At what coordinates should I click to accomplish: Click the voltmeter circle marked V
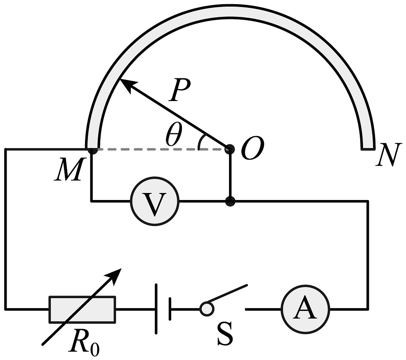[x=155, y=201]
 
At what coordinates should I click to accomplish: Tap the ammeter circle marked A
[x=305, y=309]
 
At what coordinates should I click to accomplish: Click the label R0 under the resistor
[x=84, y=342]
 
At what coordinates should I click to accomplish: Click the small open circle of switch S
[x=207, y=309]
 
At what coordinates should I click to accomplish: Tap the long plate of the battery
[x=156, y=309]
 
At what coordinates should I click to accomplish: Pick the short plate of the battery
[x=170, y=309]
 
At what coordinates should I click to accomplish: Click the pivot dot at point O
[x=230, y=149]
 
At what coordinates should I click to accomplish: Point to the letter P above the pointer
[x=179, y=90]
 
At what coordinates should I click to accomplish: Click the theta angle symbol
[x=173, y=134]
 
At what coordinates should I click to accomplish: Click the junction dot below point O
[x=230, y=201]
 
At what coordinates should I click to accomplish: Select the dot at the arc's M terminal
[x=92, y=150]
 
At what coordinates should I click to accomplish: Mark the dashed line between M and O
[x=161, y=149]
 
